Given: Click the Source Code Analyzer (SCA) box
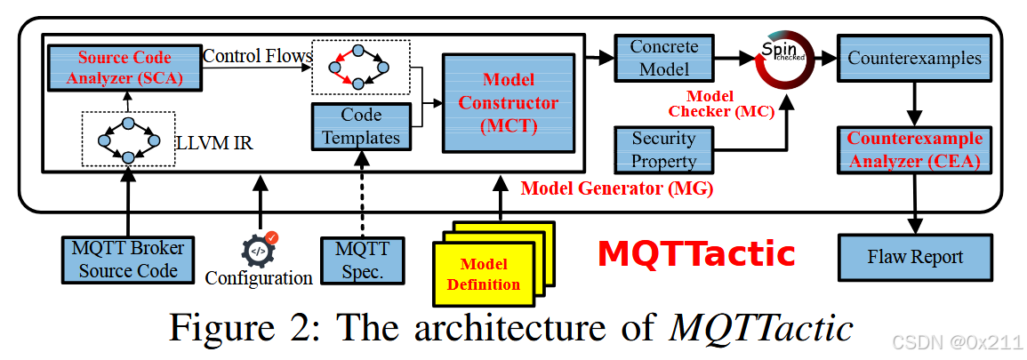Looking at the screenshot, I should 124,68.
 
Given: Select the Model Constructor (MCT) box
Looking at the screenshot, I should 509,103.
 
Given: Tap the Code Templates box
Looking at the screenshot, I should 361,126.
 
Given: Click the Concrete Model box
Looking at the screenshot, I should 663,57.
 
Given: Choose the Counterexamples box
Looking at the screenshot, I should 914,59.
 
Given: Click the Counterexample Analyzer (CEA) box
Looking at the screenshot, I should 914,149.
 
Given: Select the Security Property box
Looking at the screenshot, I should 663,149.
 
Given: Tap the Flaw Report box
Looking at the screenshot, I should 915,258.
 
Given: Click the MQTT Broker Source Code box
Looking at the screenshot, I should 128,259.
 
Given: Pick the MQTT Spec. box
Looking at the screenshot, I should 362,260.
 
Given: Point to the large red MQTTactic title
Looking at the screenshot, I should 696,254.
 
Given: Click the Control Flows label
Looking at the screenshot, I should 257,56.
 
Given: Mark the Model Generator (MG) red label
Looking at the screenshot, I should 617,188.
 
